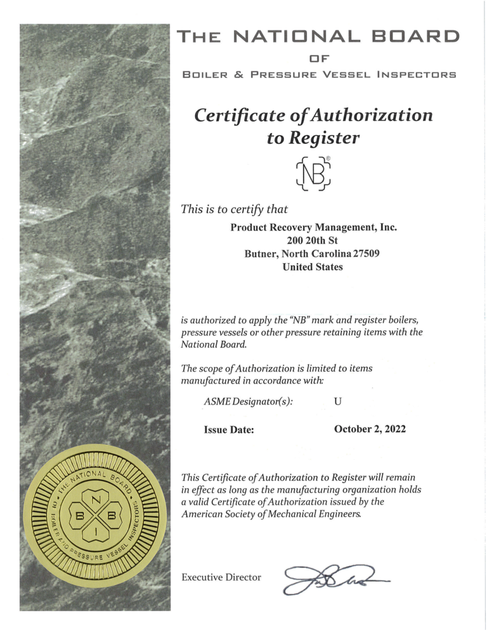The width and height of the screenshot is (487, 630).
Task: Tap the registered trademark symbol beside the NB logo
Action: tap(328, 158)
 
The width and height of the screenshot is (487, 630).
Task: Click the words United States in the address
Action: tap(313, 267)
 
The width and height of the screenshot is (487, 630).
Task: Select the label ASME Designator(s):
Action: tap(249, 401)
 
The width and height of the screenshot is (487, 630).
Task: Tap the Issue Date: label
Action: tap(229, 430)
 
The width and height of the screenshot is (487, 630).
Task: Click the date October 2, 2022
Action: tap(370, 429)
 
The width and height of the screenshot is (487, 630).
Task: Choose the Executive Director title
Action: tap(221, 577)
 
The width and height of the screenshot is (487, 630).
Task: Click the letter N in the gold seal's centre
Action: tap(98, 499)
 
